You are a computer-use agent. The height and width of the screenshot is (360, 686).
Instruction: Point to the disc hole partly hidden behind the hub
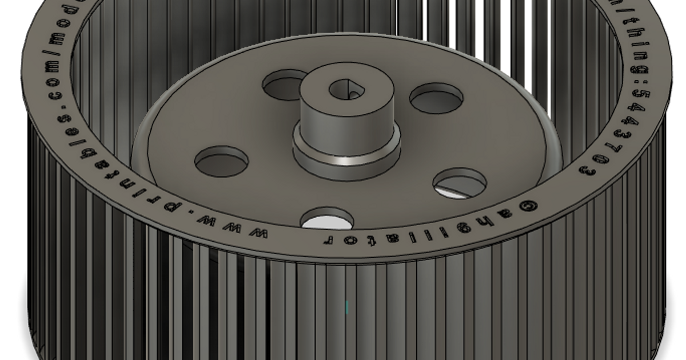click(284, 85)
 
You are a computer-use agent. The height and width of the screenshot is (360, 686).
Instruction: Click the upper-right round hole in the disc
click(437, 98)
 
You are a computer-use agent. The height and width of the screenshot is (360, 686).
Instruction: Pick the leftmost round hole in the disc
click(222, 162)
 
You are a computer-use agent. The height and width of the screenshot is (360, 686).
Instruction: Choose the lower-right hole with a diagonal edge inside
click(460, 184)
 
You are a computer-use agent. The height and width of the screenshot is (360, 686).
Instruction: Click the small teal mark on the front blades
click(346, 307)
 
